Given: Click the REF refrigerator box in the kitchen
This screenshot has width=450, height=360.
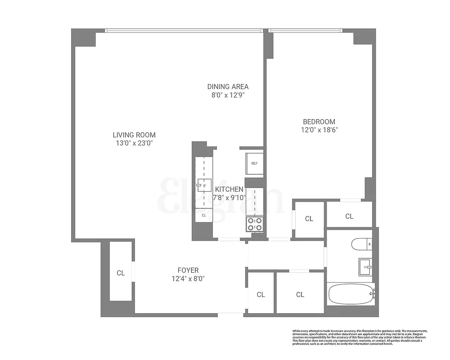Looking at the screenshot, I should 254,164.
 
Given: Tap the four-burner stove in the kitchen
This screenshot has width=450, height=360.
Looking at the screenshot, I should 255,224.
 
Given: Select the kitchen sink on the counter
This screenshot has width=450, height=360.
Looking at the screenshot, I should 203,185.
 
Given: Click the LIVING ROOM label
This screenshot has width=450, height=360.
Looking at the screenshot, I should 134,135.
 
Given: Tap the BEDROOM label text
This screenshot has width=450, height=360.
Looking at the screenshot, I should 319,121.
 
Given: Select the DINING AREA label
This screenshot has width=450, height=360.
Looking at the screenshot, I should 228,87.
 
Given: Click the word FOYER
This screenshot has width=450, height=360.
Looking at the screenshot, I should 188,270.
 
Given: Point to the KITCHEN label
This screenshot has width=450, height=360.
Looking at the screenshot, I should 229,189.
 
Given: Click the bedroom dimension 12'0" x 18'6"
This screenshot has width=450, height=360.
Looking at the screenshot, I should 319,130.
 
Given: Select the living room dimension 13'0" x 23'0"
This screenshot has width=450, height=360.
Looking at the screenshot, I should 134,144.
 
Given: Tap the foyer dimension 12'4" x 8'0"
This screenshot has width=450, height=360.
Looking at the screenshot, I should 188,279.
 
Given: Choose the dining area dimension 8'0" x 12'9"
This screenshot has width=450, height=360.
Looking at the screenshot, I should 228,95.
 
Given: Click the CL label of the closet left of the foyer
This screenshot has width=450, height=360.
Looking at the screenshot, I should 121,273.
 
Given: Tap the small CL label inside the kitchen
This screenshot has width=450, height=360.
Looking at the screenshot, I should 204,216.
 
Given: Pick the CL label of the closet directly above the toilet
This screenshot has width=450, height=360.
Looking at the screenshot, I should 349,216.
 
